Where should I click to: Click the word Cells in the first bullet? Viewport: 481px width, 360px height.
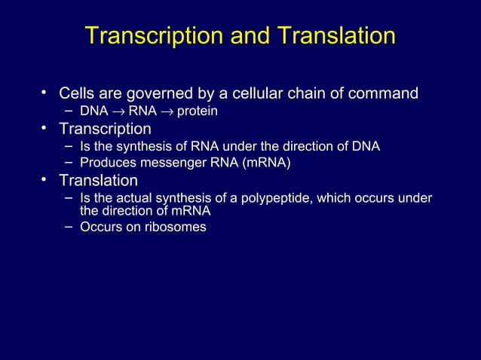point(78,94)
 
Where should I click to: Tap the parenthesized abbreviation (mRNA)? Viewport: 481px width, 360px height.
point(265,163)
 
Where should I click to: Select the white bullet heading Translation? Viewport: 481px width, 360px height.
point(99,181)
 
